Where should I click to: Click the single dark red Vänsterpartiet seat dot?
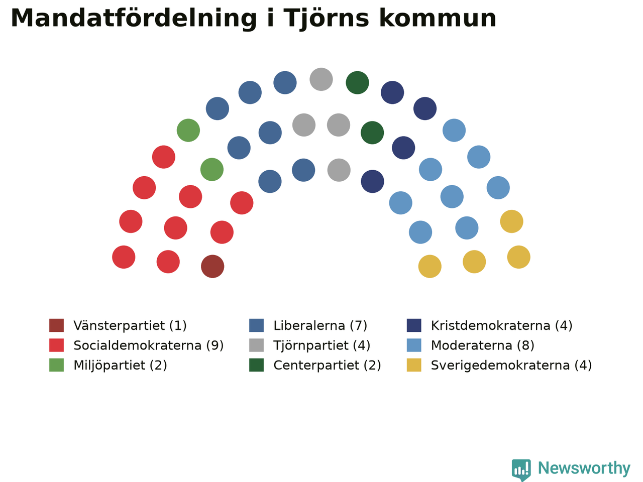point(212,266)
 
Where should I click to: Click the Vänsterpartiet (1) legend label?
point(130,326)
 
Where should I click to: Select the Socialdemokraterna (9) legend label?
point(149,345)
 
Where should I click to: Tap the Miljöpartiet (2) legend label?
point(120,366)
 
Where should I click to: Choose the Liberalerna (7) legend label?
point(320,326)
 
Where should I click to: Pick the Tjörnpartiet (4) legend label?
point(321,345)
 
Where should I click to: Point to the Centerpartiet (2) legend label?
point(327,366)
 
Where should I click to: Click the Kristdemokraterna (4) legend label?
point(501,326)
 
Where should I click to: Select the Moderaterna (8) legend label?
point(482,345)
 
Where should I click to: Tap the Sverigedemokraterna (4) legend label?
point(511,366)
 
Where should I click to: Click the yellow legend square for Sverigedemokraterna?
point(414,365)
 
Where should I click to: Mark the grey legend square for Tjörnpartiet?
point(256,345)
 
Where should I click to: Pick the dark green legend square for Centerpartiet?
point(256,365)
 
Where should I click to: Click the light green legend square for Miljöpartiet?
point(57,365)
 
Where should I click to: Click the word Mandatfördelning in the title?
point(134,18)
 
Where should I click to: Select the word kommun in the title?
point(438,18)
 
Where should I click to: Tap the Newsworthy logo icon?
point(521,469)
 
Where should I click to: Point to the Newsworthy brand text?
point(584,468)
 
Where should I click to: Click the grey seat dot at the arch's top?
point(321,79)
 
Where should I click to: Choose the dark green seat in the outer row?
point(357,82)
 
